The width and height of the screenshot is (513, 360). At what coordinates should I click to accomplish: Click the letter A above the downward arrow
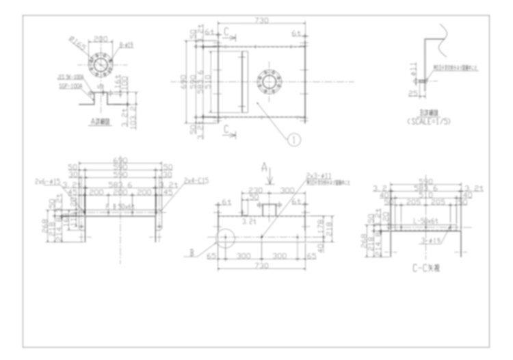(265, 167)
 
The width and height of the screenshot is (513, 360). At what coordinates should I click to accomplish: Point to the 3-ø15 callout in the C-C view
(432, 240)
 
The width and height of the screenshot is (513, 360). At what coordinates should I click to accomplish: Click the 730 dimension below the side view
(262, 265)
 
